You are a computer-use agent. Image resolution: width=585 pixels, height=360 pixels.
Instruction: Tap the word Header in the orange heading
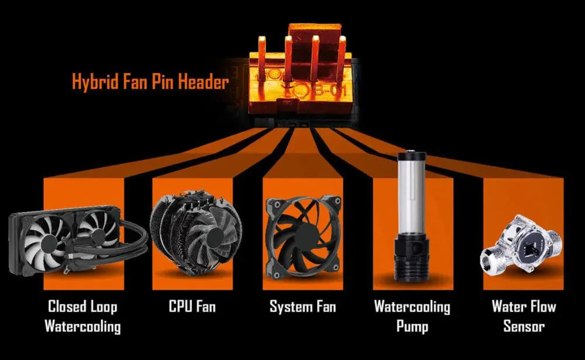(x=204, y=81)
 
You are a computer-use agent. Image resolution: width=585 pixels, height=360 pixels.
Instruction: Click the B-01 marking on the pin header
(x=328, y=90)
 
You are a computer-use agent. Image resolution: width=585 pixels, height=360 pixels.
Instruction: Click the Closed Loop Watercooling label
(x=83, y=316)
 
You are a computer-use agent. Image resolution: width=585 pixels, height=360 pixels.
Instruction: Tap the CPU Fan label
(x=192, y=307)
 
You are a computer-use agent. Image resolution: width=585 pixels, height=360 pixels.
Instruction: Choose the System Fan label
(x=302, y=307)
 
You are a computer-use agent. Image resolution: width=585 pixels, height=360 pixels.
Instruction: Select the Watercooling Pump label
(x=412, y=316)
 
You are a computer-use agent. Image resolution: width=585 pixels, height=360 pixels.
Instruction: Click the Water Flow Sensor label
(x=524, y=316)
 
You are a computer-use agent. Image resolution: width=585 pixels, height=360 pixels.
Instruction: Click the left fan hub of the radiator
(x=49, y=244)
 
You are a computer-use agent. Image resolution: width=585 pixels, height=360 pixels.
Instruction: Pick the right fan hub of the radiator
(x=98, y=235)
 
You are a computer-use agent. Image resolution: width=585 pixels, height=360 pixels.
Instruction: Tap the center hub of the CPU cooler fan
(x=215, y=236)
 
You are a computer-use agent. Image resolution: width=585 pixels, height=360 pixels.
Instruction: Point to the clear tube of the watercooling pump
(x=412, y=198)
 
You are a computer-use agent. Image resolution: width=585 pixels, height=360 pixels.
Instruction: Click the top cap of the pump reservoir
(x=412, y=155)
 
